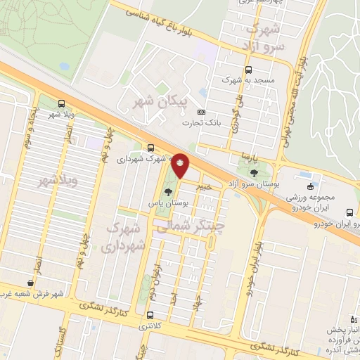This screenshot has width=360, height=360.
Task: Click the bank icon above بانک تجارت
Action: click(202, 112)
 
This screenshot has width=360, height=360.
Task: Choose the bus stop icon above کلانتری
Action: click(149, 314)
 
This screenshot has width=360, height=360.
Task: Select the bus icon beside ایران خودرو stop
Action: click(349, 212)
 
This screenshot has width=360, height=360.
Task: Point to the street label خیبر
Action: click(203, 186)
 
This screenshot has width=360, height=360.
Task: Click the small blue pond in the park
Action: click(65, 66)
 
